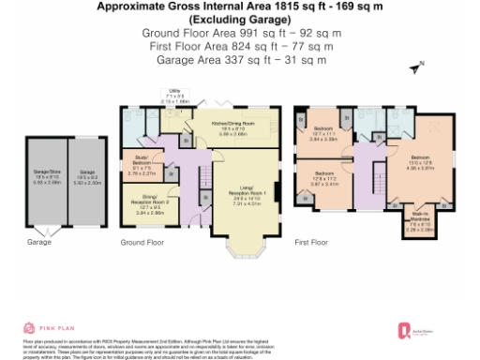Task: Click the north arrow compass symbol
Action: click(417, 67)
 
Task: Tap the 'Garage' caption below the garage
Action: click(39, 242)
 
